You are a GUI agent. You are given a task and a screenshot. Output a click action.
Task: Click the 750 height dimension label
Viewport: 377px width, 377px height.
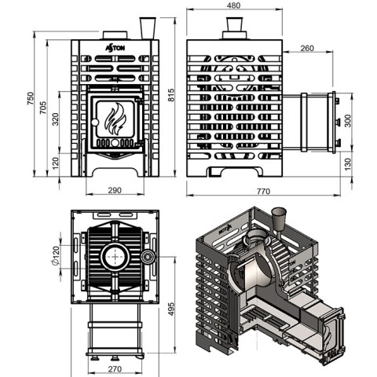31,98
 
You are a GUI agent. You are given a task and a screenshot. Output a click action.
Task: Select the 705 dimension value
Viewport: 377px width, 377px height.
43,108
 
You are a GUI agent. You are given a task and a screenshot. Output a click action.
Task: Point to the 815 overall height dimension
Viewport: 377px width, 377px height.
170,95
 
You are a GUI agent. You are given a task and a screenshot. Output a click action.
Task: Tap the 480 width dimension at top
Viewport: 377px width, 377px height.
234,5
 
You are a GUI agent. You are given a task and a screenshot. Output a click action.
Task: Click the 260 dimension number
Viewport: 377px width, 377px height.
307,48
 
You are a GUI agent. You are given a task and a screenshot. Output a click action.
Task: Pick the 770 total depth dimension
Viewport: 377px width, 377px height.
263,192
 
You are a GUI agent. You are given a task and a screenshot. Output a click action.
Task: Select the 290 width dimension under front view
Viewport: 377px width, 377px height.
115,190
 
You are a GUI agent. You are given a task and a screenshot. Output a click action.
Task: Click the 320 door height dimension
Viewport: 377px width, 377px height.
56,119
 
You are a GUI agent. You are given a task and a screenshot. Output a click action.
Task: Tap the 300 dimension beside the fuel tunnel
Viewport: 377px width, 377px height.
347,121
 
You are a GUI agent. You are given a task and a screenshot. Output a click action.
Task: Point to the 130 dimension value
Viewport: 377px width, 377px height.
347,164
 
